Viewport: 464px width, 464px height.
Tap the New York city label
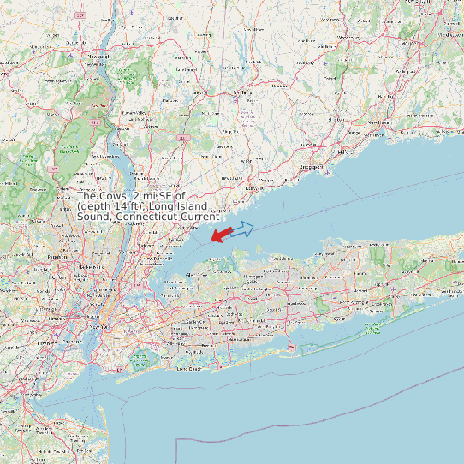point(102,327)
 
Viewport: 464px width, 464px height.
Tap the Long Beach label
point(188,368)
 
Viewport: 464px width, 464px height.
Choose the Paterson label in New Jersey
point(57,256)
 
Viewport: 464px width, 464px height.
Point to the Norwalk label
point(253,185)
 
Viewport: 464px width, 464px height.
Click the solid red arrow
point(221,234)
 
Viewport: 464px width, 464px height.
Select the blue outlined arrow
point(243,229)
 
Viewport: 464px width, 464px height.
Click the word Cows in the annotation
point(116,196)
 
